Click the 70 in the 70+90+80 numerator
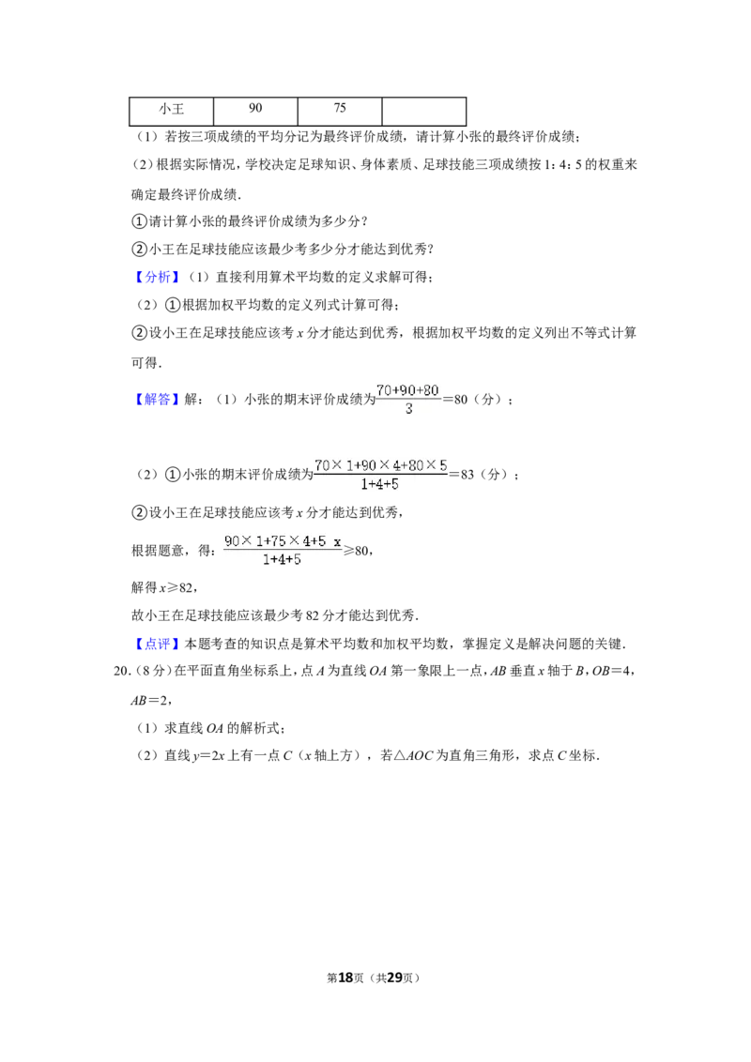tap(383, 389)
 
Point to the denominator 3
tap(408, 409)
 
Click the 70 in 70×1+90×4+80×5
tap(322, 464)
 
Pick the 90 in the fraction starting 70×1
tap(368, 464)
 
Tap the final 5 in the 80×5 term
tap(443, 464)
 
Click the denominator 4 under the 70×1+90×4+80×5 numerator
tap(379, 485)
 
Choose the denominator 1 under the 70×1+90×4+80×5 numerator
tap(364, 485)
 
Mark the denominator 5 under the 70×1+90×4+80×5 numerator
tap(394, 485)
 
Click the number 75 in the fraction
tap(278, 540)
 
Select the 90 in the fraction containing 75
tap(232, 540)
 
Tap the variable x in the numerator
tap(337, 541)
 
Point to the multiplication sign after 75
tap(293, 540)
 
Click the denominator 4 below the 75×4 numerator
tap(282, 560)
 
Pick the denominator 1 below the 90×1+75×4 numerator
tap(267, 560)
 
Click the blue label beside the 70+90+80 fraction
tap(157, 399)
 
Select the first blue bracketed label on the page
tap(157, 278)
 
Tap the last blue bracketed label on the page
tap(157, 644)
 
